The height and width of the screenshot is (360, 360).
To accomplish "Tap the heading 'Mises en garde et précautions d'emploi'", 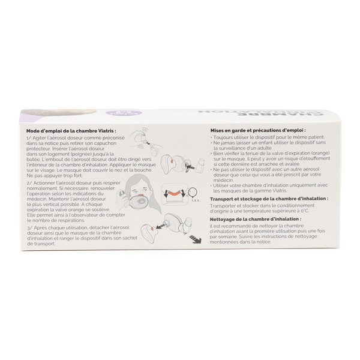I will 257,129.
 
